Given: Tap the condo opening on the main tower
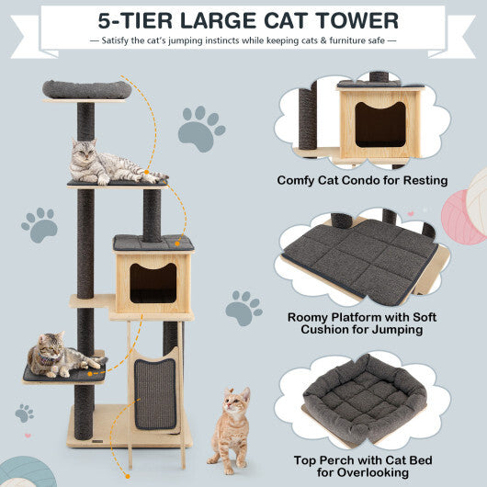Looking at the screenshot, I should [x=153, y=282].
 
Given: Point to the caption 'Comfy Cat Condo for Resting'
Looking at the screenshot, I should [x=362, y=181].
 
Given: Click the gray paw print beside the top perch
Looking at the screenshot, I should [x=200, y=129].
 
